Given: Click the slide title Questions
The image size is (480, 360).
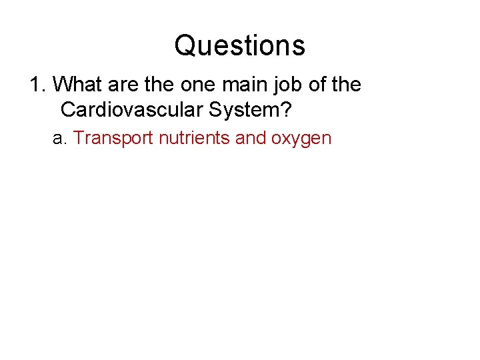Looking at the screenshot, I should coord(240,46).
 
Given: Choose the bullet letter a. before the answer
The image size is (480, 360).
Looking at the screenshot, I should coord(60,139).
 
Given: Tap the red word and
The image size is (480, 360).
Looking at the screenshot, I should coord(251,139).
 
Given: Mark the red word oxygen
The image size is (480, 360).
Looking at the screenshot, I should coord(301,139).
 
